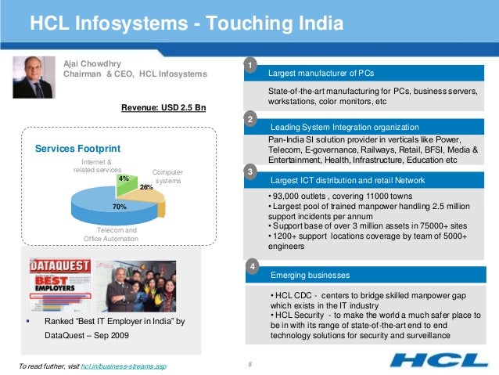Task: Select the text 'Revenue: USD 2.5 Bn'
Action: pyautogui.click(x=163, y=108)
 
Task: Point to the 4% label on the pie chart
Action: pyautogui.click(x=123, y=178)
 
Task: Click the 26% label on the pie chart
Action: pyautogui.click(x=145, y=187)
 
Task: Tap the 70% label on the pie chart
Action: pyautogui.click(x=119, y=207)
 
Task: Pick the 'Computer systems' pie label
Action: pyautogui.click(x=167, y=176)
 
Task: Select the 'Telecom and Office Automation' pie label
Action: pyautogui.click(x=110, y=234)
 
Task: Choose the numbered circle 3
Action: pyautogui.click(x=249, y=171)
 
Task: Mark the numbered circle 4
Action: pyautogui.click(x=252, y=267)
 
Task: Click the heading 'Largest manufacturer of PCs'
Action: pyautogui.click(x=321, y=74)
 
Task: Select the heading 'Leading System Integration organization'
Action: pyautogui.click(x=345, y=127)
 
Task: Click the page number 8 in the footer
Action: pyautogui.click(x=248, y=364)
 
